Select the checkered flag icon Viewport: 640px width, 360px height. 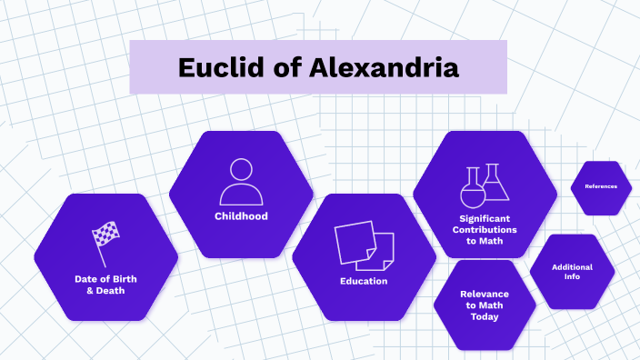pyautogui.click(x=105, y=239)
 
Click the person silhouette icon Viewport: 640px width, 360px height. pyautogui.click(x=241, y=182)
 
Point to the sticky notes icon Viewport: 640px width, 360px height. pyautogui.click(x=364, y=245)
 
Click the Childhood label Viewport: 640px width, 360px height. pyautogui.click(x=241, y=216)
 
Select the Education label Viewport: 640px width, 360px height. pyautogui.click(x=364, y=281)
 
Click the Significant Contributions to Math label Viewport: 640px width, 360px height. pyautogui.click(x=485, y=230)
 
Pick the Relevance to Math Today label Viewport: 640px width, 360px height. pyautogui.click(x=485, y=305)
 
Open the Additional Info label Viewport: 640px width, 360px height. pyautogui.click(x=572, y=272)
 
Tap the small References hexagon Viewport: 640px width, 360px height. pyautogui.click(x=601, y=186)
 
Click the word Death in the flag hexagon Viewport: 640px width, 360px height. pyautogui.click(x=111, y=290)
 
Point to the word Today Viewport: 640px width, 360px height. pyautogui.click(x=485, y=317)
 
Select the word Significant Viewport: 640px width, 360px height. pyautogui.click(x=485, y=218)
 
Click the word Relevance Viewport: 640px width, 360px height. pyautogui.click(x=485, y=294)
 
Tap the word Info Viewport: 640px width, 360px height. pyautogui.click(x=572, y=277)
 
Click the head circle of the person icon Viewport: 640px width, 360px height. pyautogui.click(x=241, y=170)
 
